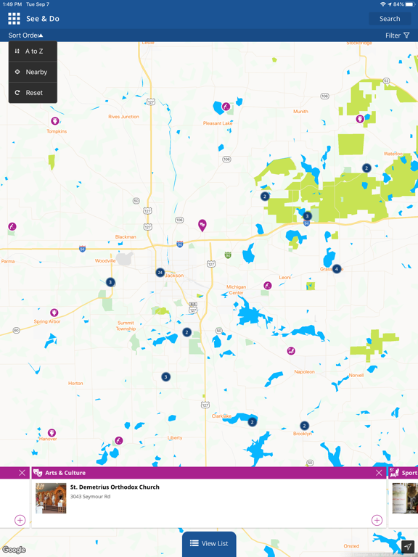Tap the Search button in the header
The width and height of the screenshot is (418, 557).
coord(390,19)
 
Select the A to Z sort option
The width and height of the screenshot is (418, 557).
coord(33,51)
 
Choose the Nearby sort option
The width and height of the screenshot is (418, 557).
coord(36,72)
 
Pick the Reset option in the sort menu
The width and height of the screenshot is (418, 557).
coord(33,93)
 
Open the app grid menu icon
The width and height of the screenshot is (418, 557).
coord(14,19)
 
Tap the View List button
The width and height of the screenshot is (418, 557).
coord(209,543)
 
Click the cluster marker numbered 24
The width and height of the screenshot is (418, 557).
coord(160,273)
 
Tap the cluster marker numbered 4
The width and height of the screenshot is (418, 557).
coord(337,269)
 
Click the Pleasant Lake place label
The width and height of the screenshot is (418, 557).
coord(218,123)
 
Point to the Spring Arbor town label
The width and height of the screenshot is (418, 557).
coord(46,321)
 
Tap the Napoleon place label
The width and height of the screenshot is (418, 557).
coord(305,371)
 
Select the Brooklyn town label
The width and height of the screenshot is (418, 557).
coord(303,434)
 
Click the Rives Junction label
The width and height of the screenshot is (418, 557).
coord(123,117)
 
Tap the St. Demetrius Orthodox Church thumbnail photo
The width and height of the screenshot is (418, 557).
coord(51,498)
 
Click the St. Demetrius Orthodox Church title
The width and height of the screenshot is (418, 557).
coord(115,487)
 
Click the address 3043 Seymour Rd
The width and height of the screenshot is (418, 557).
coord(90,497)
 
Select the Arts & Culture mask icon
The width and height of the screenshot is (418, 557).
coord(38,473)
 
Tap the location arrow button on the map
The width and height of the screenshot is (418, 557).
coord(408,547)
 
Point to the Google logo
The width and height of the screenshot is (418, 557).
coord(14,550)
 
